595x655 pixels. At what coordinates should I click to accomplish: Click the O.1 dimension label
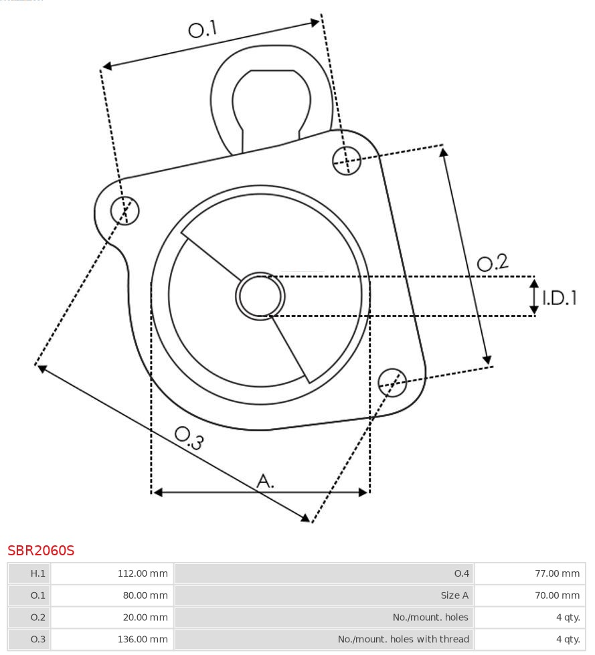coord(203,29)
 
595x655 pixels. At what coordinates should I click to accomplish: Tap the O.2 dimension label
coord(493,262)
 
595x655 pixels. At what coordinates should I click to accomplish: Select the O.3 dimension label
coord(189,438)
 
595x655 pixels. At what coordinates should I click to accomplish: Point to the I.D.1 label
coord(560,298)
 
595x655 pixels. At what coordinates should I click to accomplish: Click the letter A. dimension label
coord(265,481)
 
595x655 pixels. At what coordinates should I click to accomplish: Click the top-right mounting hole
coord(347,161)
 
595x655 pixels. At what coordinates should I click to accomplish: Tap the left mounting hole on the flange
coord(125,210)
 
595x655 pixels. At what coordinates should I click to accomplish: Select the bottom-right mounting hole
coord(392,383)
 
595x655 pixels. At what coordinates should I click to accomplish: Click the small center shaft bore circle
coord(260,296)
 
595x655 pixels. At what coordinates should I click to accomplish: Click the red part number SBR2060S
coord(41,551)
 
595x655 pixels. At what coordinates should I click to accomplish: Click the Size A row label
coord(454,595)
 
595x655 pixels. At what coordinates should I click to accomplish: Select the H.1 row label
coord(37,573)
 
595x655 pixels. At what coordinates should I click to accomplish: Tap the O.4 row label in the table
coord(462,573)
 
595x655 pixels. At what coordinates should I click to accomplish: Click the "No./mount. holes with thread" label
coord(404,639)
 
